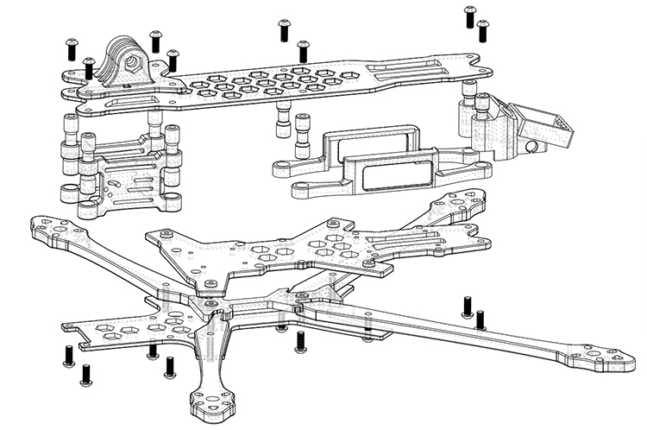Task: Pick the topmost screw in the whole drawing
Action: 470,15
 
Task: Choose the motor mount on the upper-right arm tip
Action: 467,200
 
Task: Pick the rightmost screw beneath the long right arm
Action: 481,320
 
